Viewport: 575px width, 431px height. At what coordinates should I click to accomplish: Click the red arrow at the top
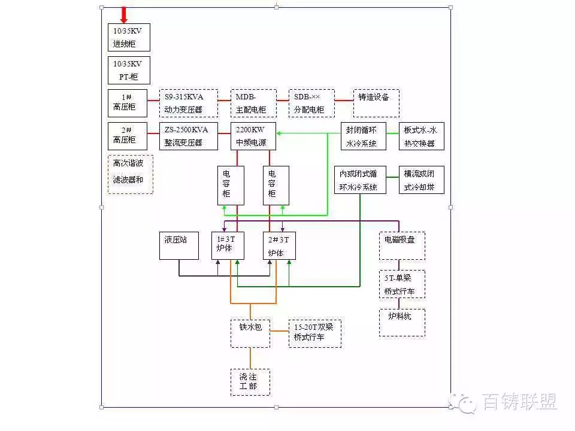(x=124, y=15)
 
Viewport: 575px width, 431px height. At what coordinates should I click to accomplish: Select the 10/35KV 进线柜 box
(x=129, y=37)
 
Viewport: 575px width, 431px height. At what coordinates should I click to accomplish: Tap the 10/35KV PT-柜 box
(x=129, y=71)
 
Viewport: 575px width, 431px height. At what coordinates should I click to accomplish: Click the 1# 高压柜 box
(x=128, y=104)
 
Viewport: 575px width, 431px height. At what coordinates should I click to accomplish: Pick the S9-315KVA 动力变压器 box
(x=189, y=104)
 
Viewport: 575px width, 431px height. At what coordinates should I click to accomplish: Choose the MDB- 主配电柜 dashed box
(x=253, y=104)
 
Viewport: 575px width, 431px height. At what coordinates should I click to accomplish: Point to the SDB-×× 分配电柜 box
(x=311, y=104)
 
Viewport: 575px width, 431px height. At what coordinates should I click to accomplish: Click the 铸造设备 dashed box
(x=376, y=104)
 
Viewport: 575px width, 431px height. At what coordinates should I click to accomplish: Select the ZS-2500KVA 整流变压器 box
(x=189, y=136)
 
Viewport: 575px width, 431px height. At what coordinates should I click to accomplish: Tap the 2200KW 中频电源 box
(x=253, y=136)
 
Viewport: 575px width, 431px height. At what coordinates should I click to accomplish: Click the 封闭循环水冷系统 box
(x=364, y=136)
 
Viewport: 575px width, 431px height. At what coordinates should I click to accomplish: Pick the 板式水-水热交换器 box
(x=422, y=136)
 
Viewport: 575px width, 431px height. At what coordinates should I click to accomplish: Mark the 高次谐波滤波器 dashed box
(x=131, y=174)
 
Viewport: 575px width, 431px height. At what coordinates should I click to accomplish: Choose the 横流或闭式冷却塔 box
(x=422, y=180)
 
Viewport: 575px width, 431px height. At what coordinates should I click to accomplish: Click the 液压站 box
(x=179, y=245)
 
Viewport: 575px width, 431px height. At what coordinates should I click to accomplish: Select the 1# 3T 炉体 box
(x=228, y=245)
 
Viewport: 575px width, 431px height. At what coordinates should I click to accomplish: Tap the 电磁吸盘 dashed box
(x=402, y=245)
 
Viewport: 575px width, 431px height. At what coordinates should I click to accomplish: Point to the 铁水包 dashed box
(x=250, y=333)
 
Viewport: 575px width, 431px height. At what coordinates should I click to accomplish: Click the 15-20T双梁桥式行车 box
(x=315, y=333)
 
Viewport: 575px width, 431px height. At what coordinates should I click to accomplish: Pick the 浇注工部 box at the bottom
(x=250, y=383)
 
